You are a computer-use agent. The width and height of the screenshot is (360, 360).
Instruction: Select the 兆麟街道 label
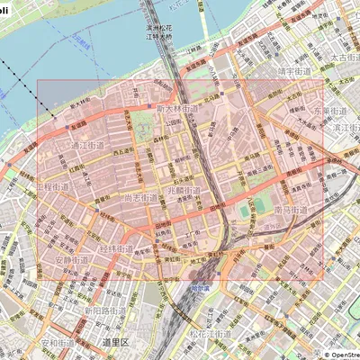(184, 191)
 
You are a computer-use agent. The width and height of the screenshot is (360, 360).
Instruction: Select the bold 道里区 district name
(115, 343)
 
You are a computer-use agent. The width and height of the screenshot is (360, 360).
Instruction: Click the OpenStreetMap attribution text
(337, 355)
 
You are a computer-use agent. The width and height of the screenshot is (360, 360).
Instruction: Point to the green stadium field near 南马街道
(246, 210)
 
